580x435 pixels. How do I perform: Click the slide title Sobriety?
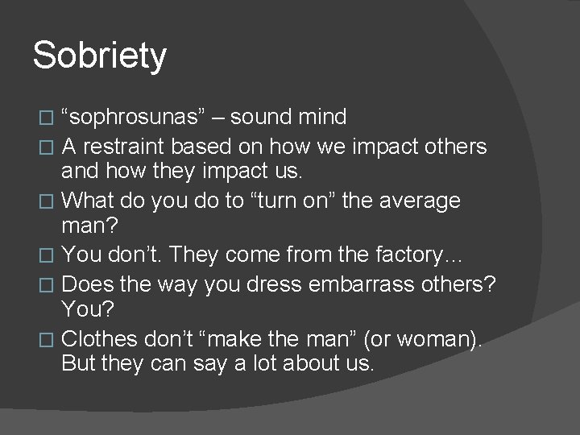tap(99, 56)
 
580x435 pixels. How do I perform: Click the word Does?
tap(86, 284)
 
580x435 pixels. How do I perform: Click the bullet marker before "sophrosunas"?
tap(54, 118)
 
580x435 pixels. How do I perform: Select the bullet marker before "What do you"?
tap(54, 200)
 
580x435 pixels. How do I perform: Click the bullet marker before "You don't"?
tap(54, 256)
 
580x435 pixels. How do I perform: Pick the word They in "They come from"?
tap(191, 255)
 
